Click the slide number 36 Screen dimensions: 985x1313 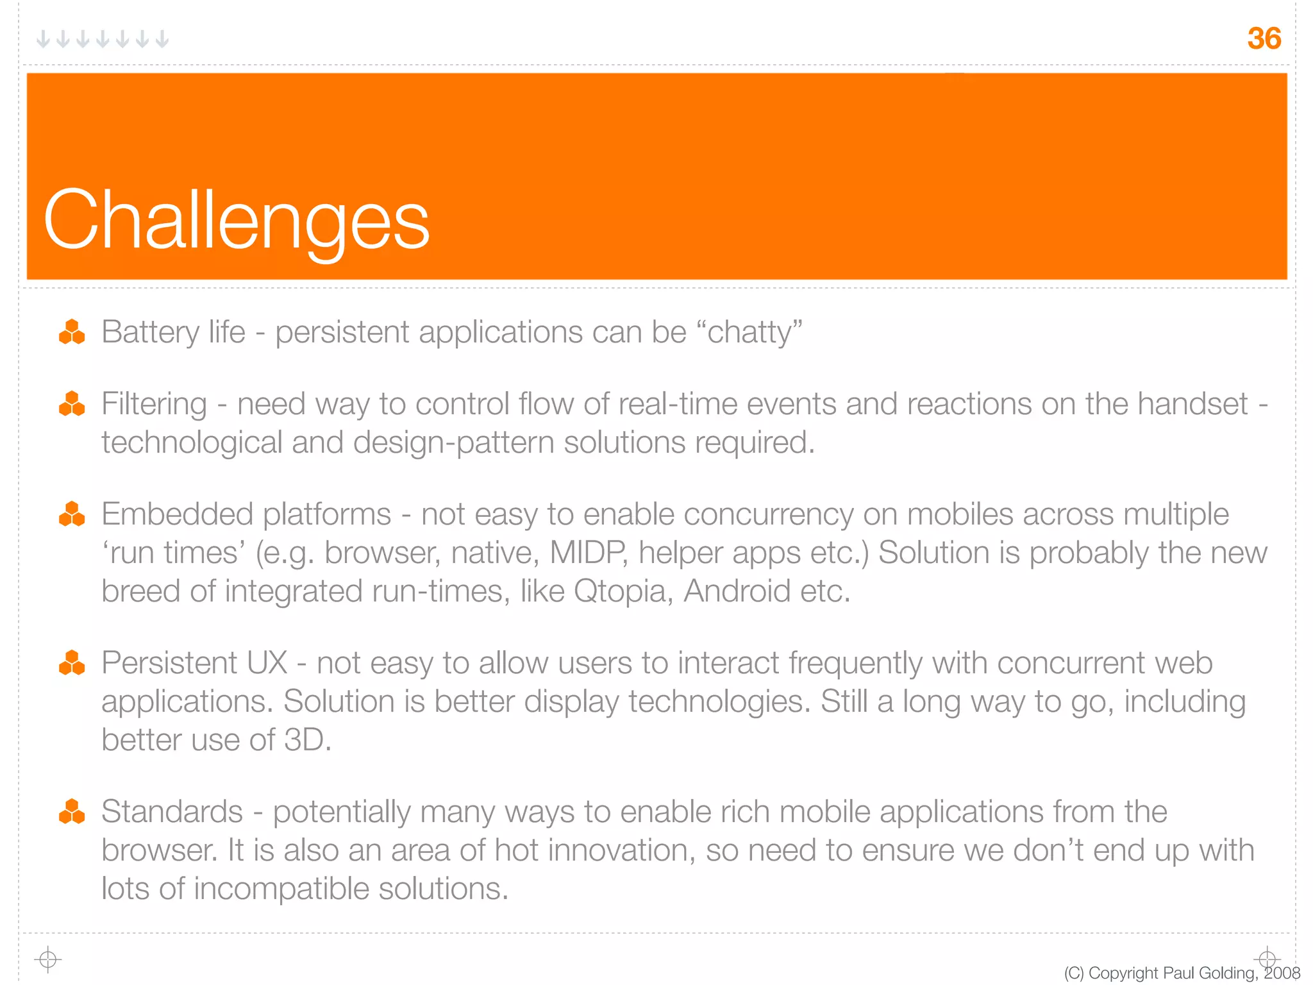point(1264,38)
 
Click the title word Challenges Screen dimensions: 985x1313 point(236,220)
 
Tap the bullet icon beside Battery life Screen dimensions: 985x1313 point(72,332)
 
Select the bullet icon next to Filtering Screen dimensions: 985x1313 point(72,404)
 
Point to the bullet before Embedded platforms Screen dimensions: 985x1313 point(72,514)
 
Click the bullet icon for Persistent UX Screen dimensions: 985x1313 point(72,663)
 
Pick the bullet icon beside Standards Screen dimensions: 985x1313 point(72,812)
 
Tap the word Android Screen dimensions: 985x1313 point(737,591)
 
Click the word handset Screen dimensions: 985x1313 point(1192,404)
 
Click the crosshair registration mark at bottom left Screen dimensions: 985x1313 point(47,959)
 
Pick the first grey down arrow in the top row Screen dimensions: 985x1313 point(43,39)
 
